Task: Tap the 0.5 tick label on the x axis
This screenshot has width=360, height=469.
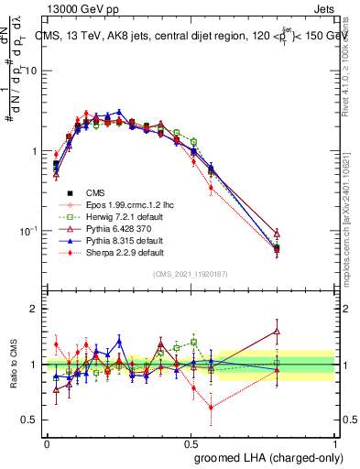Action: (191, 442)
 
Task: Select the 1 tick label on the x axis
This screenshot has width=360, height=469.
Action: (335, 442)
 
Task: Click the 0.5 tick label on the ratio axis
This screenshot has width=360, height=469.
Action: (32, 420)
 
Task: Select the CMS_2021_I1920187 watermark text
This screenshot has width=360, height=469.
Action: (190, 273)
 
